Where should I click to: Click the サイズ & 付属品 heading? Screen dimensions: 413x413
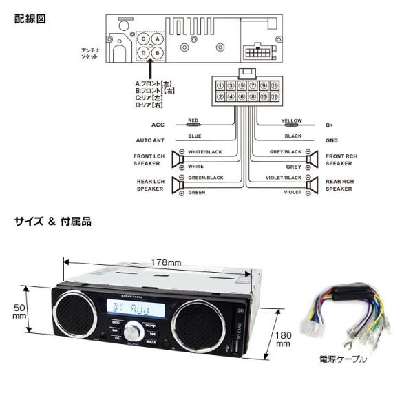52,222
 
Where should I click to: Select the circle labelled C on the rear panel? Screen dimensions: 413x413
143,40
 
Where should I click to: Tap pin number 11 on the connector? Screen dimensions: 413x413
274,86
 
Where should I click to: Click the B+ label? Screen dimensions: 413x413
329,125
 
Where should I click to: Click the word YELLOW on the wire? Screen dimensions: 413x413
292,120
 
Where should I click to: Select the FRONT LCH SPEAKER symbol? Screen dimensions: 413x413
178,160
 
